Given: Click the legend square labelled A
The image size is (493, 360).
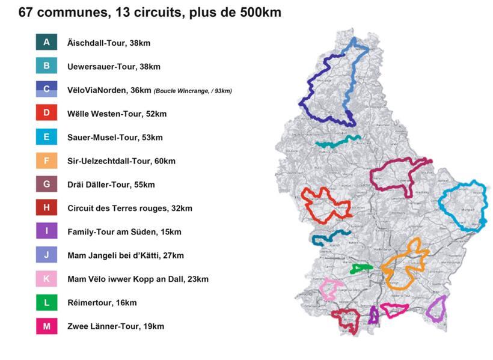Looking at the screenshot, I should coord(46,43).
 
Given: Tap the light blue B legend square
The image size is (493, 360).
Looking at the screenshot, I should coord(46,66).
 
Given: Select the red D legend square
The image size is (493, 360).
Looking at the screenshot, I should coord(46,113).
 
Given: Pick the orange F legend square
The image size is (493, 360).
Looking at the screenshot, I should coord(46,160).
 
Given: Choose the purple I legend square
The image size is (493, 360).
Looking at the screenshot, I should coord(46,231).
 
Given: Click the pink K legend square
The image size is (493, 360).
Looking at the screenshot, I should coord(46,279).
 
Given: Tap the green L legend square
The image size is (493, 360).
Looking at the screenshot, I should coord(46,302).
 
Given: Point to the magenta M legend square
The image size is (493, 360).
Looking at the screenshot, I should coord(46,326).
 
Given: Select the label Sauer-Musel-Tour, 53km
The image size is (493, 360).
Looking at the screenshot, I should coord(115,138).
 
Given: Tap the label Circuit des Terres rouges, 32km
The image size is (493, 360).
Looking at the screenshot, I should coord(130,209).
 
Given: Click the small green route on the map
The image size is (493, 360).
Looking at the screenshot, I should coord(361,268).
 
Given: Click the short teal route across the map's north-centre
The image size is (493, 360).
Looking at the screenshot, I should coord(337,142).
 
